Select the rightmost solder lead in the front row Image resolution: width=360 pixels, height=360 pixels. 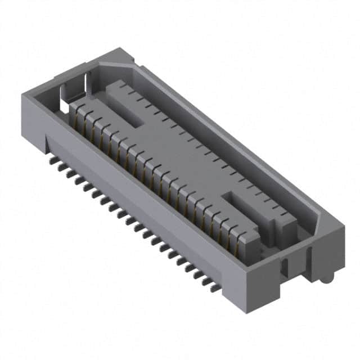pos(215,287)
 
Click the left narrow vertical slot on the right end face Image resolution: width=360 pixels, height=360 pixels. pos(285,268)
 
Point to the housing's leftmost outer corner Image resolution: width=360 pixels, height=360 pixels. pos(22,97)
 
